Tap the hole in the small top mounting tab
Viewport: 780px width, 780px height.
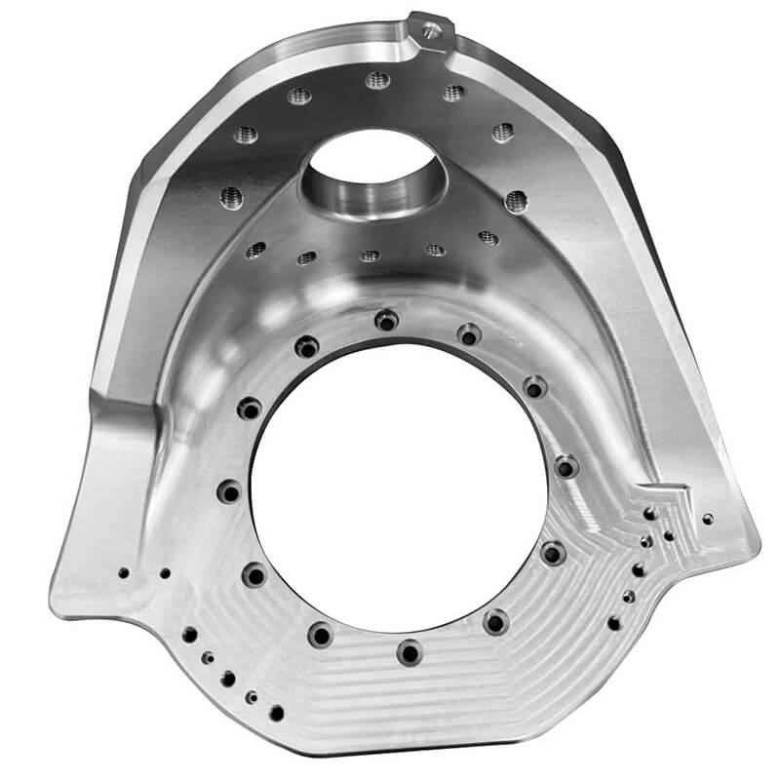[x=430, y=31]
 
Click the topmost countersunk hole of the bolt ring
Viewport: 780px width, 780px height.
[x=388, y=319]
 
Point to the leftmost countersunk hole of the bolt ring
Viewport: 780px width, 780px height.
[x=229, y=491]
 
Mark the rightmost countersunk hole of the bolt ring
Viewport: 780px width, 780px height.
[x=566, y=467]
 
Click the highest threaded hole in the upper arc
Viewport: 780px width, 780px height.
[x=378, y=80]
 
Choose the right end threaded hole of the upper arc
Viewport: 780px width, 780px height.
[x=516, y=201]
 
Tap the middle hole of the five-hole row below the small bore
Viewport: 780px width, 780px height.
[x=370, y=255]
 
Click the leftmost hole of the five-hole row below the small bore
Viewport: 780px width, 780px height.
[x=255, y=250]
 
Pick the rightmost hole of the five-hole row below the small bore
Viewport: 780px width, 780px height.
[x=488, y=238]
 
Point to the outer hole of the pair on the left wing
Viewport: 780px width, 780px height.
[x=123, y=573]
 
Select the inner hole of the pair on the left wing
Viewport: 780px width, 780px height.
[x=165, y=573]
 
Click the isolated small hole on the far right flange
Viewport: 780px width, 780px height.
[x=708, y=519]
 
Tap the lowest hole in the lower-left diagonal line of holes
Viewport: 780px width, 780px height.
[x=277, y=713]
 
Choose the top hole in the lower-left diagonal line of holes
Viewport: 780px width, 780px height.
[x=189, y=635]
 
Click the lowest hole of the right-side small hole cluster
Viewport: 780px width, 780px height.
[x=613, y=622]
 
